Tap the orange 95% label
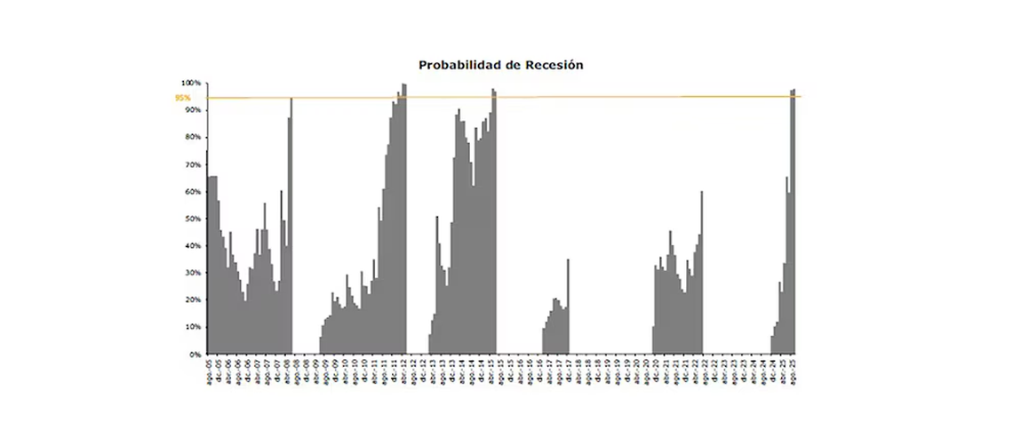(183, 98)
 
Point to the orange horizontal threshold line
(533, 97)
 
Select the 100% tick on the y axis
(193, 83)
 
